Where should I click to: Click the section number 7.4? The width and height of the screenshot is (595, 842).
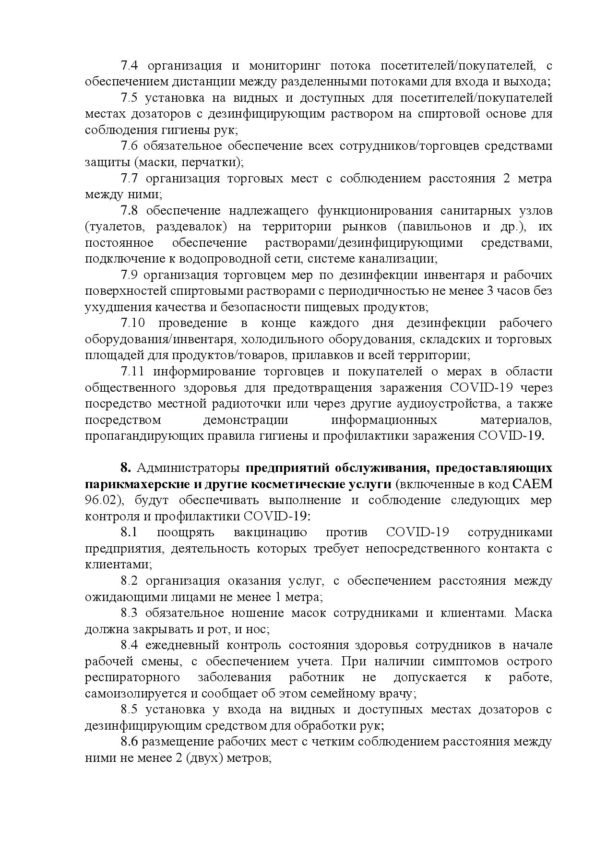[129, 66]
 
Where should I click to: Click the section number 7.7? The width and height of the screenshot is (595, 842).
[130, 179]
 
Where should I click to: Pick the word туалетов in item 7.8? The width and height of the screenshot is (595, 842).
[112, 227]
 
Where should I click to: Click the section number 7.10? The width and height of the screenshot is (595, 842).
[132, 324]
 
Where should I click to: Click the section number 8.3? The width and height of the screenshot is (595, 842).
[129, 613]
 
